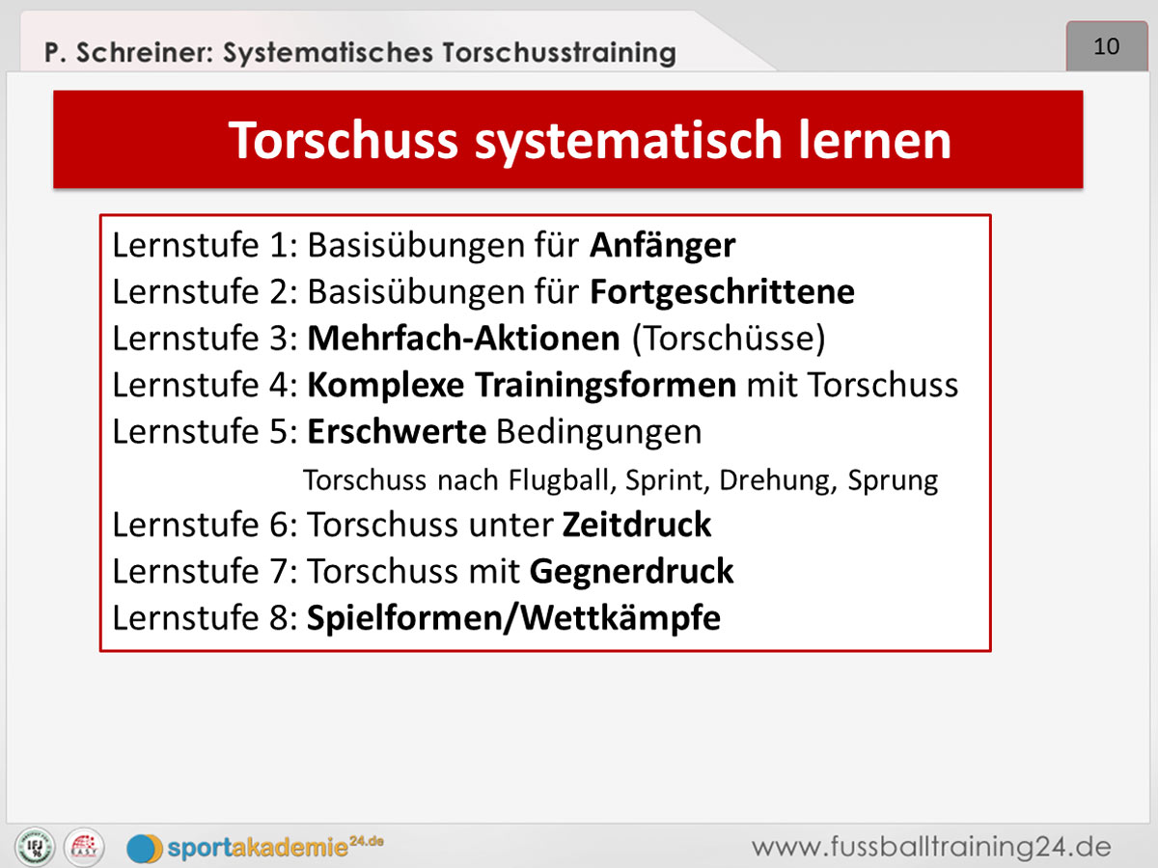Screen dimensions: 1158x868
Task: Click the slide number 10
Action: click(x=1106, y=46)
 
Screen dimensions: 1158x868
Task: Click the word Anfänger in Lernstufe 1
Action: click(x=662, y=246)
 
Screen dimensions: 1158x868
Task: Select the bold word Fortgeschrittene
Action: click(x=722, y=292)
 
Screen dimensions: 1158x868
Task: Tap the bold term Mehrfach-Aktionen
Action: click(x=464, y=338)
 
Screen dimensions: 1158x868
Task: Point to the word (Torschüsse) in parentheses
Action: click(x=729, y=339)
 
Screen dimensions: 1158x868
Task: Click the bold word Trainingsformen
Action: click(x=606, y=385)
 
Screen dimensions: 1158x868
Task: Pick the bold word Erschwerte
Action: click(x=397, y=431)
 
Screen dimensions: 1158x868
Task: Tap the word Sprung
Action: click(x=893, y=481)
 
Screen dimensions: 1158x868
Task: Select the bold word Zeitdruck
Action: click(x=637, y=525)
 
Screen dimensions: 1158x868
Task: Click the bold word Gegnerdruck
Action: click(x=631, y=572)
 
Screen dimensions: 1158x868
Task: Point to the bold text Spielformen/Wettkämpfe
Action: click(x=513, y=618)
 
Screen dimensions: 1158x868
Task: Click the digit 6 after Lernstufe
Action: click(x=279, y=525)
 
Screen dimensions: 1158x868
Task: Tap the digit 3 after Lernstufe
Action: click(x=279, y=339)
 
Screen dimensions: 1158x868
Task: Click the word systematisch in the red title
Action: click(x=628, y=141)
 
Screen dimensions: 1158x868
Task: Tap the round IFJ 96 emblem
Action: click(x=35, y=847)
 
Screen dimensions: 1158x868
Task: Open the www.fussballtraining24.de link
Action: click(x=931, y=848)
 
